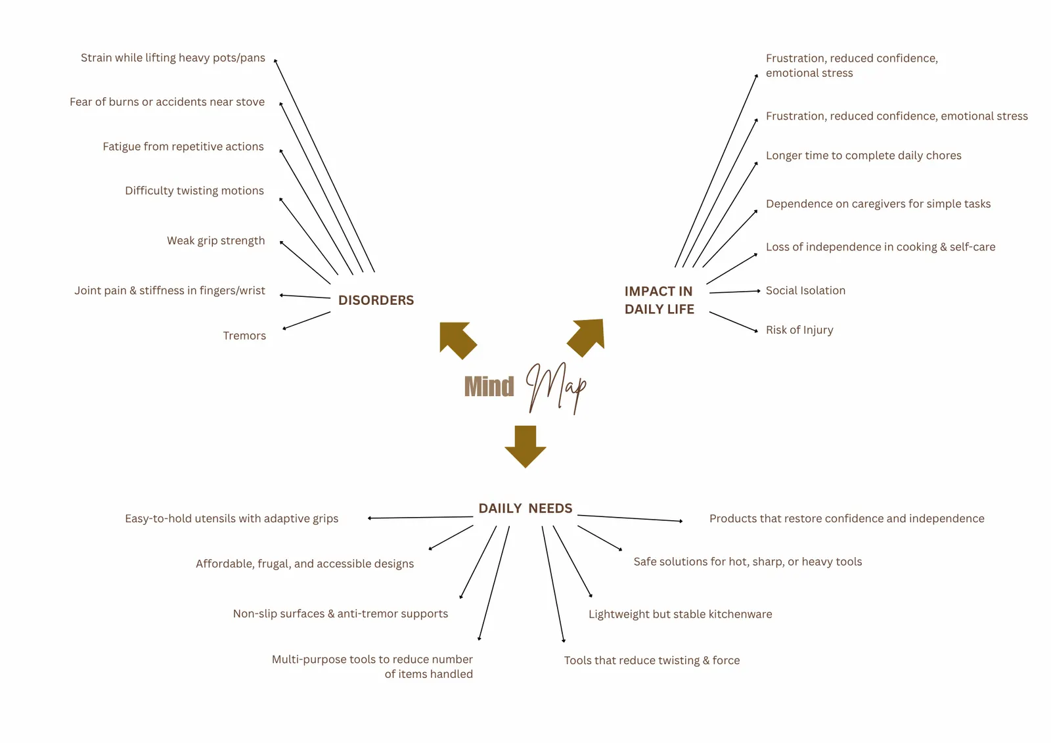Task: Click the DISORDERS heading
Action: coord(376,300)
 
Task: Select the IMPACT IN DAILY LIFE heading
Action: coord(660,300)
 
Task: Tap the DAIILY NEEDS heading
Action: coord(525,508)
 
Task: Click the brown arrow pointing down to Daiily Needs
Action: coord(525,446)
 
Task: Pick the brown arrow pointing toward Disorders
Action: coord(457,340)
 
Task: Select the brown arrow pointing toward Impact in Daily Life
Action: coord(587,337)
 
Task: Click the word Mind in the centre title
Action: coord(489,387)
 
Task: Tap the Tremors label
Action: coord(244,336)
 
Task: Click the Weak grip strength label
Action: coord(216,241)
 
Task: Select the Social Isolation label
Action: coord(805,290)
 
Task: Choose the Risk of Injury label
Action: coord(799,330)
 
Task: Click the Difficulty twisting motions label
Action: coord(194,191)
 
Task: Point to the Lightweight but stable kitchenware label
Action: coord(681,614)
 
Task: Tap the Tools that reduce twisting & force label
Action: coord(652,660)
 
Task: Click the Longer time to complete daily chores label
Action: coord(863,156)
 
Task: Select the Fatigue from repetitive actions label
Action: coord(183,147)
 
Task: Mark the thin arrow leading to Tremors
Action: coord(306,321)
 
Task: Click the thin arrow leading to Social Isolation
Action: coord(735,292)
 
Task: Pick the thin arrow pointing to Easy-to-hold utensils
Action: coord(420,517)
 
